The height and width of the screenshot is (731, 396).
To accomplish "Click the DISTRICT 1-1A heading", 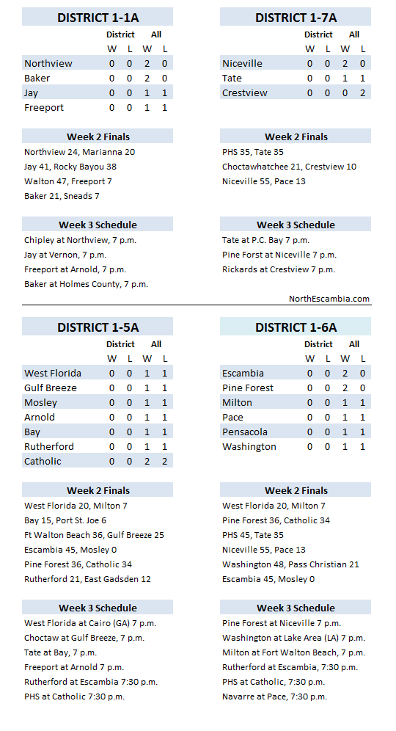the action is point(98,17).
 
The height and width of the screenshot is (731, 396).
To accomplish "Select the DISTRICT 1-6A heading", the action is point(296,327).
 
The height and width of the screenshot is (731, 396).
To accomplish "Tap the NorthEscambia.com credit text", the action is point(329,299).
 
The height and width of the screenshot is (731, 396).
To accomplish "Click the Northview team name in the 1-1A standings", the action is point(48,64).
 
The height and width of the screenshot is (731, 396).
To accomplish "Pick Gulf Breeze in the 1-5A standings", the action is point(51,388).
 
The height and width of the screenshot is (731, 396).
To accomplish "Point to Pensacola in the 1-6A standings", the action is point(245,432).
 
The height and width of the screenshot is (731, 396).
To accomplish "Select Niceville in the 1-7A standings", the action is point(242,64).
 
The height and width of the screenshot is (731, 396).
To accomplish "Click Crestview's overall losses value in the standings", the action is point(362,93).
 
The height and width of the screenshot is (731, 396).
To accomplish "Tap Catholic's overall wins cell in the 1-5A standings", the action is point(148,462).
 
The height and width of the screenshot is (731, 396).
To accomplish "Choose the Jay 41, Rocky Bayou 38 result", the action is point(70,167).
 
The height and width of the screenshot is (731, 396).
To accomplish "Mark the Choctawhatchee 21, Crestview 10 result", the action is point(289,167).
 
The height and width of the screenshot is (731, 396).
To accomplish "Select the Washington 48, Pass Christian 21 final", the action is point(290,564).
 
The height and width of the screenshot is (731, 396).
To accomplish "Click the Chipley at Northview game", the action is point(80,240).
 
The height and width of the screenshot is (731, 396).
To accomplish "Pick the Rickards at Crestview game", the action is point(279,269).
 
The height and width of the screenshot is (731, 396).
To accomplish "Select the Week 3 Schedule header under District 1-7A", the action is point(296,225).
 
